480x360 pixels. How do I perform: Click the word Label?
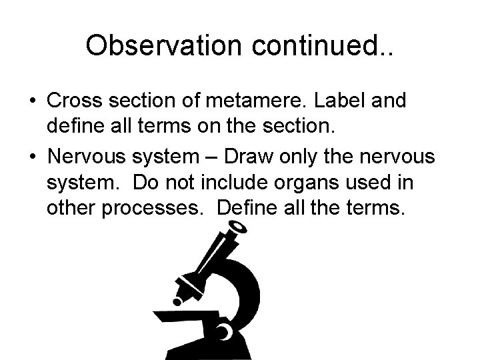coord(349,101)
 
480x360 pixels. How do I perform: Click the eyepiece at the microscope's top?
coord(230,234)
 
